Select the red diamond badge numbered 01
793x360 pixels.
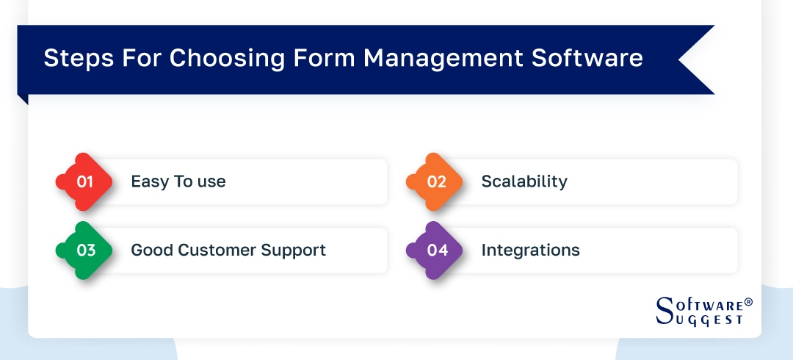[84, 181]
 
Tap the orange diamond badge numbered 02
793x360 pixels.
[435, 181]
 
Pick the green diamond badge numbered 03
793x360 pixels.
[84, 251]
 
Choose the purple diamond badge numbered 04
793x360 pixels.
[435, 251]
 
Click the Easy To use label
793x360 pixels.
[178, 181]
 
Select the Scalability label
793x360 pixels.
[524, 181]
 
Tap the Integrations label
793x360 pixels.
[530, 251]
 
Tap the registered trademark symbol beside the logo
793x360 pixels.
[748, 303]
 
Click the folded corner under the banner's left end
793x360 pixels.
[23, 99]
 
